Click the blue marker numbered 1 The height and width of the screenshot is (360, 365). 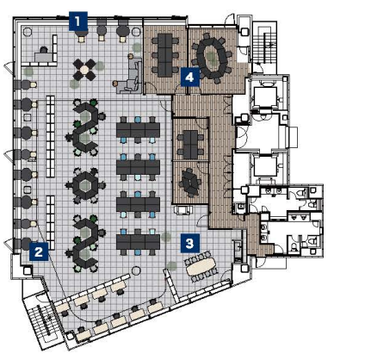(78, 21)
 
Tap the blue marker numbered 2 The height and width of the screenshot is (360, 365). (39, 251)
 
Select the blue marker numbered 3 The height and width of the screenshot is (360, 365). (190, 243)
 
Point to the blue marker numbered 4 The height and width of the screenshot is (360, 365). (190, 77)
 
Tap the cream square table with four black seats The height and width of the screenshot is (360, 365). (84, 69)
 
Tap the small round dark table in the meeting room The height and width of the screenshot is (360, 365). (189, 183)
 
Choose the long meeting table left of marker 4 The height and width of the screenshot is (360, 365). (164, 55)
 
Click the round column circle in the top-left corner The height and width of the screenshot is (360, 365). (28, 31)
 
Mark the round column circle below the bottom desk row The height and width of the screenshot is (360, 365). (136, 270)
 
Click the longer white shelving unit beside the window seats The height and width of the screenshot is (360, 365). (50, 136)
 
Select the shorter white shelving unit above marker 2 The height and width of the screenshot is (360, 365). (50, 222)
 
